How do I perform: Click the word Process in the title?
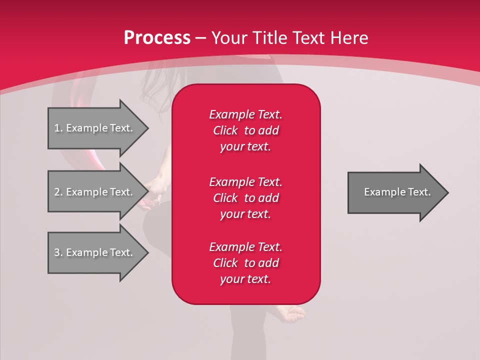[x=157, y=38]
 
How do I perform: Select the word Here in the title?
[x=349, y=38]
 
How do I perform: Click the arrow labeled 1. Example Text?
[x=98, y=128]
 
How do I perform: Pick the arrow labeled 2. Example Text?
[x=98, y=191]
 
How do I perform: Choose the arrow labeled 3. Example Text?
[x=98, y=252]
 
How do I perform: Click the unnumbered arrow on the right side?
[x=398, y=192]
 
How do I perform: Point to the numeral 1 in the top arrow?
[x=57, y=128]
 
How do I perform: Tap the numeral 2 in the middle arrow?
[x=57, y=192]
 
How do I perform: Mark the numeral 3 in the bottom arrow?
[x=57, y=252]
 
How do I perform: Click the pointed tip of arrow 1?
[x=148, y=128]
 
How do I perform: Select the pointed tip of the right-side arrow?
[x=448, y=192]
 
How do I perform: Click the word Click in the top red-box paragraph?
[x=225, y=130]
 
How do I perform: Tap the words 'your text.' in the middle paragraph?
[x=245, y=214]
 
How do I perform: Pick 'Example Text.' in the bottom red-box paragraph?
[x=245, y=247]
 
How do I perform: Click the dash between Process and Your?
[x=201, y=39]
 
